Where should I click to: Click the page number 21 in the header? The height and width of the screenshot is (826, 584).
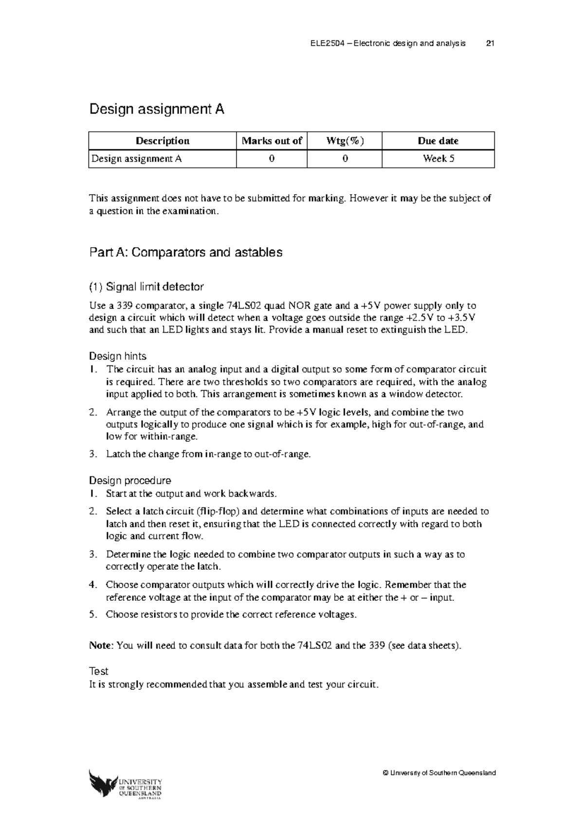490,43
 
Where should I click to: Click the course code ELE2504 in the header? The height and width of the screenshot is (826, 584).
327,43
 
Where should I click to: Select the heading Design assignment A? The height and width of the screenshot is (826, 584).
156,109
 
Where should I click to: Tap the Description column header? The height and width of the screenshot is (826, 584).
163,141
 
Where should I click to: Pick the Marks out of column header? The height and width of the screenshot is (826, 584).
272,141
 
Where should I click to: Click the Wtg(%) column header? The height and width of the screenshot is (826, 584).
345,141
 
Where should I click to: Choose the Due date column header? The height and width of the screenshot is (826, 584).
438,141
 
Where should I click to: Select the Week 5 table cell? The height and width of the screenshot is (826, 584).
438,159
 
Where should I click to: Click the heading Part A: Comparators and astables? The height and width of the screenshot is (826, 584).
185,252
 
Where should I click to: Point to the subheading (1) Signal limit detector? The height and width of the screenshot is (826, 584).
146,287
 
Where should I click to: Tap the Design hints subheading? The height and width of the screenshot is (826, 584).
117,356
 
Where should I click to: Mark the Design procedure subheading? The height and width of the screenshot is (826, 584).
130,481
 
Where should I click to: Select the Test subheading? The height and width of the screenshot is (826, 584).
98,671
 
